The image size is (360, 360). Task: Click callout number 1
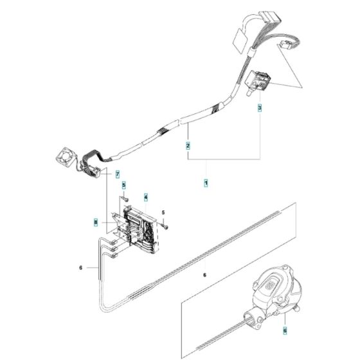[206, 184]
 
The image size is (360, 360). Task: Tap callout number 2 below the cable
[188, 146]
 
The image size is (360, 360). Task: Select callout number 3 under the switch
[260, 109]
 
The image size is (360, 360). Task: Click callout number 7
[118, 174]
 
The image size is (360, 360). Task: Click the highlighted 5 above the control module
[124, 186]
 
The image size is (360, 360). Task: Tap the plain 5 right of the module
[163, 212]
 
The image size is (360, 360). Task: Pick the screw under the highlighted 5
[126, 197]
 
